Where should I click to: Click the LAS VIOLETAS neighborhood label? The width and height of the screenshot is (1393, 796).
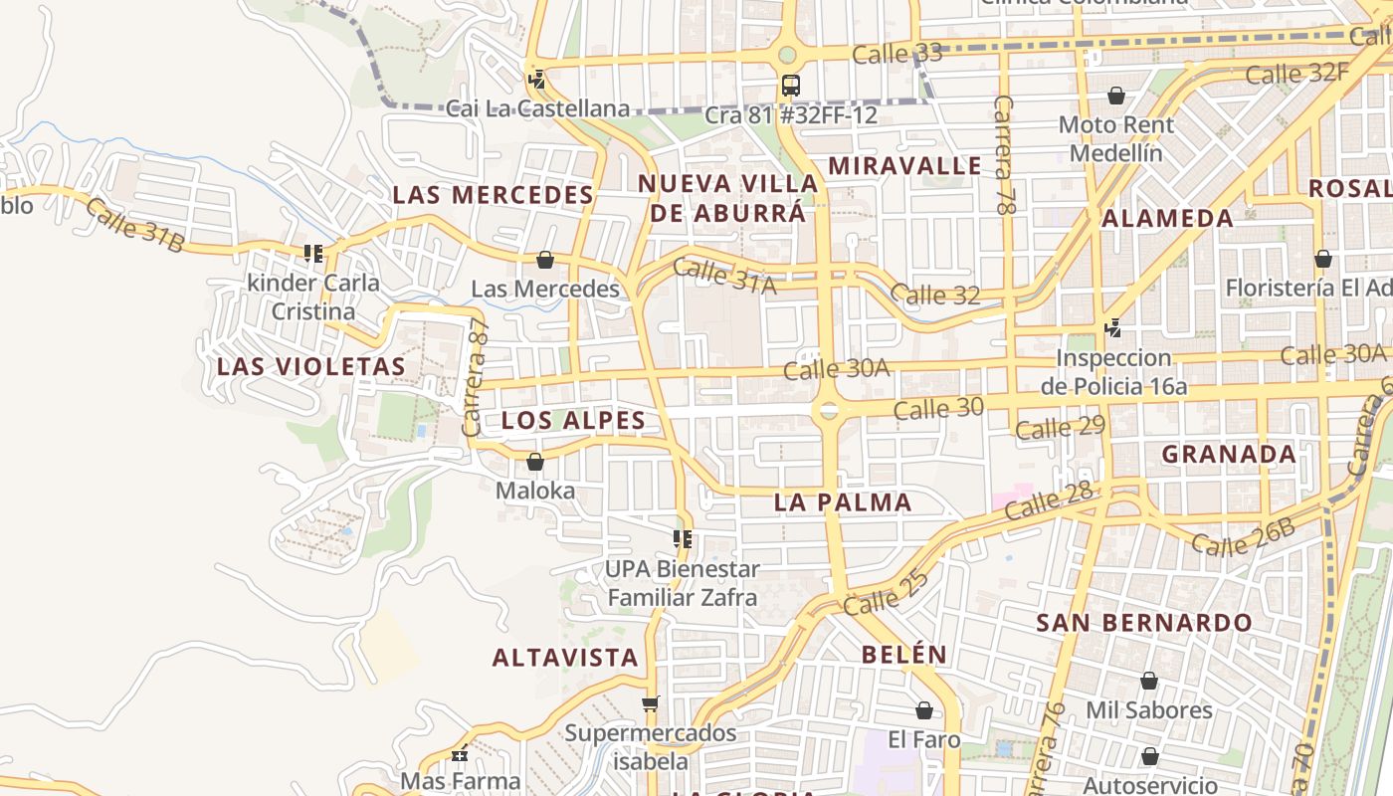[311, 366]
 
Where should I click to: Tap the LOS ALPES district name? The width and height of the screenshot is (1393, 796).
[573, 420]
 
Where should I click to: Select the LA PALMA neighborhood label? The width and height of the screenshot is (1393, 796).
[843, 502]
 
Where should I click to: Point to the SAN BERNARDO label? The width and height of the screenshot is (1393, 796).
[1144, 623]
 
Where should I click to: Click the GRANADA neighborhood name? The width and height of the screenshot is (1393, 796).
[1229, 455]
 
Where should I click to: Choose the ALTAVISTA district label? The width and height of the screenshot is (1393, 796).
[565, 657]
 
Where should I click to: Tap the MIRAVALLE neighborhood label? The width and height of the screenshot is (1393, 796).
[904, 166]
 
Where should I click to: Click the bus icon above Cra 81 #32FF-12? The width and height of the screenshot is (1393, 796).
[791, 85]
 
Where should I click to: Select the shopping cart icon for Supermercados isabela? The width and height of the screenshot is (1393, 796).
[651, 704]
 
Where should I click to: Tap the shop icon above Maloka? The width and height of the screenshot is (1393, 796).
[535, 462]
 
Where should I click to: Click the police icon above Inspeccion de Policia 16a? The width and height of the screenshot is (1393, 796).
[1113, 327]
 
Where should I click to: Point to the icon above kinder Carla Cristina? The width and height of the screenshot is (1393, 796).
[313, 254]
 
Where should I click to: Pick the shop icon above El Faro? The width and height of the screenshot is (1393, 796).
[924, 710]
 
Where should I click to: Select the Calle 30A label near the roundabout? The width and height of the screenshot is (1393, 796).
[836, 369]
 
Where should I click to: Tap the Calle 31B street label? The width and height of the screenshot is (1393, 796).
[134, 224]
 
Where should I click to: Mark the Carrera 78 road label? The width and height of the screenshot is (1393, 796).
[1005, 156]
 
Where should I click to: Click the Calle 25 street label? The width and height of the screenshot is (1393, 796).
[887, 591]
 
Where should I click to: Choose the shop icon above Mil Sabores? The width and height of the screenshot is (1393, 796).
[1149, 681]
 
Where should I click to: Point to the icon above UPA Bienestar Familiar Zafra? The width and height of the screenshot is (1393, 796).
[683, 539]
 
